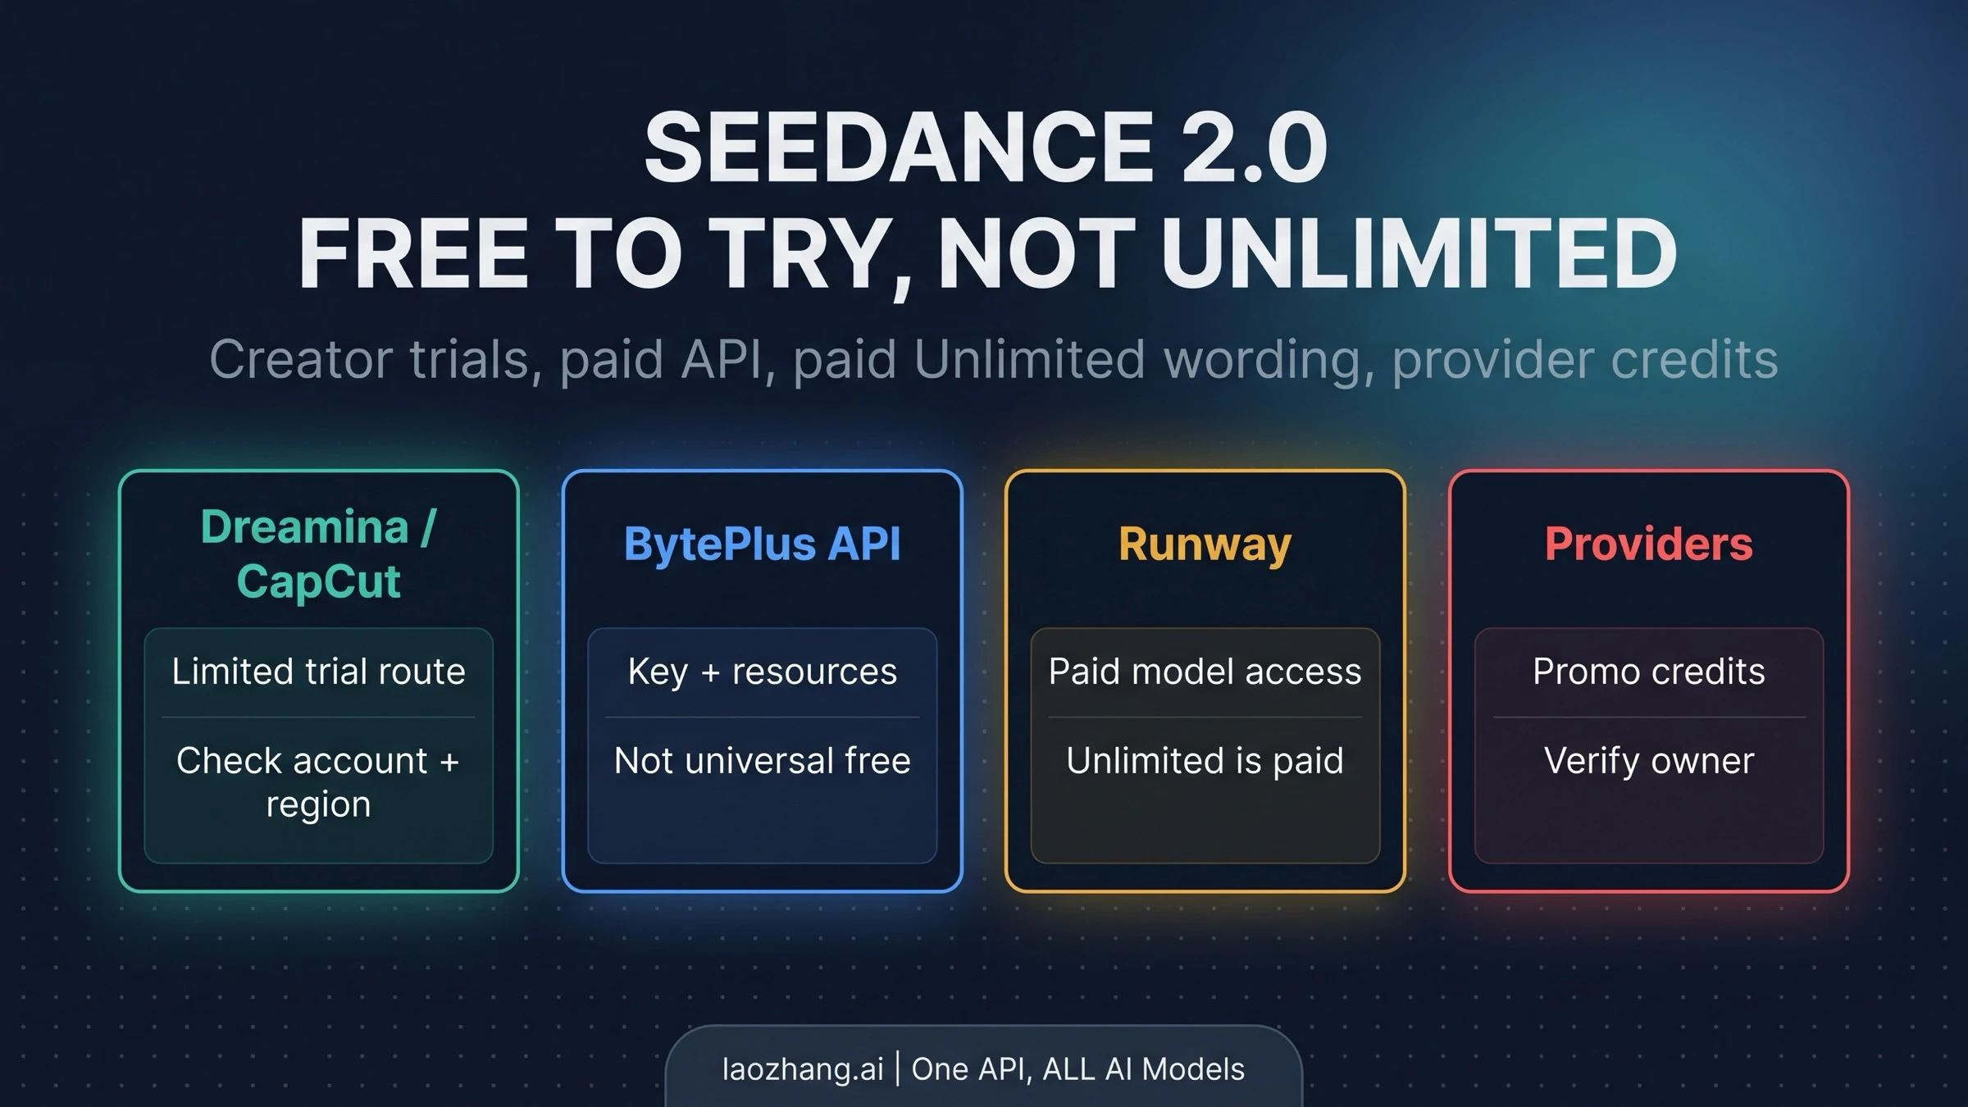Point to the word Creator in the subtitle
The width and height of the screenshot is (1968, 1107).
pos(300,359)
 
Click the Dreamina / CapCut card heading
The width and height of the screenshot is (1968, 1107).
pos(318,553)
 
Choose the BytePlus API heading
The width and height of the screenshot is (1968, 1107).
pos(762,544)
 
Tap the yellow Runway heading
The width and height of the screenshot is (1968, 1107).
pos(1205,544)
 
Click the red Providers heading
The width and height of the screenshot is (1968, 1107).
pos(1648,544)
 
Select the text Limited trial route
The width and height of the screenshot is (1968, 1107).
pos(318,672)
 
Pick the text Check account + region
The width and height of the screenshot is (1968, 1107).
pos(318,781)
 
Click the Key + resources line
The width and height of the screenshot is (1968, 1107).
pos(762,672)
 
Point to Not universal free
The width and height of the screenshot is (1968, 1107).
pos(762,761)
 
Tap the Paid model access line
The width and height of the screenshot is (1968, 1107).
pos(1205,672)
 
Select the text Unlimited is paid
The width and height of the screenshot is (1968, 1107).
pos(1205,761)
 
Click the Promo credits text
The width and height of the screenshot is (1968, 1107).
pos(1648,672)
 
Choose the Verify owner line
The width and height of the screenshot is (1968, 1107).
pos(1648,761)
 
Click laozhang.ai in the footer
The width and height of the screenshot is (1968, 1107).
pos(803,1069)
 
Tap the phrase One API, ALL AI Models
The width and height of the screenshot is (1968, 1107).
pos(1077,1069)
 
